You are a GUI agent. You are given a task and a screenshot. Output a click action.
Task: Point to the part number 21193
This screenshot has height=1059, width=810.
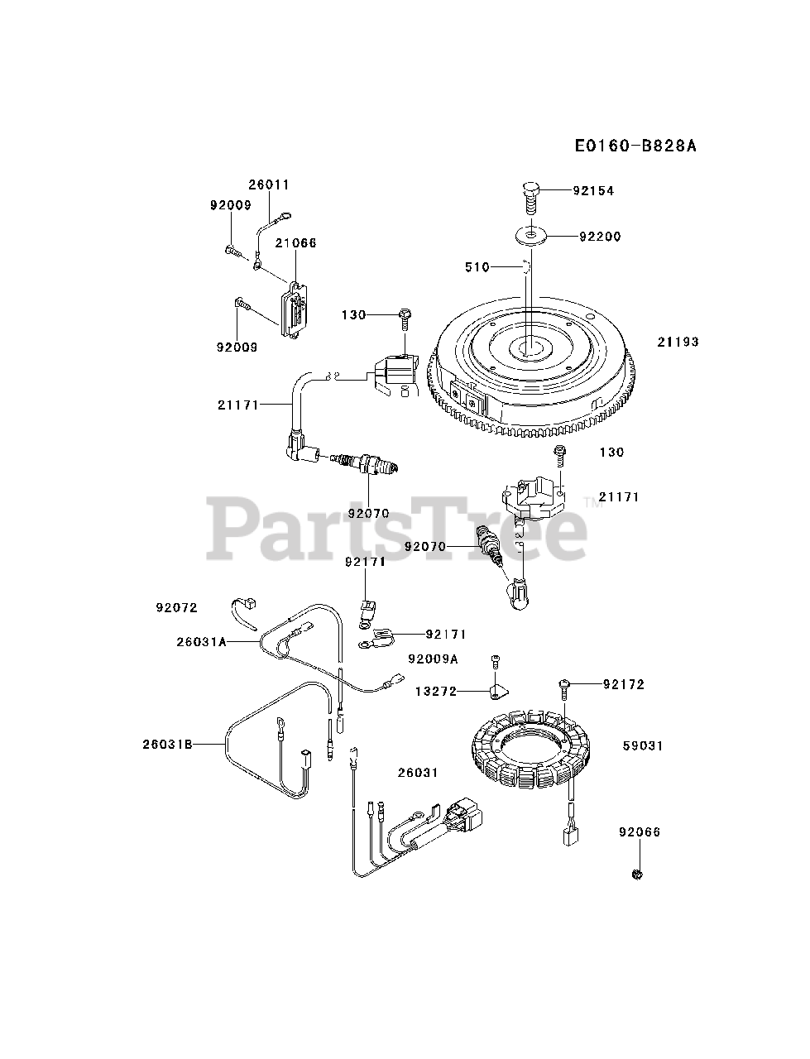(678, 342)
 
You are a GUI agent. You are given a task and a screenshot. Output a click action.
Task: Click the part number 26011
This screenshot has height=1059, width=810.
(269, 184)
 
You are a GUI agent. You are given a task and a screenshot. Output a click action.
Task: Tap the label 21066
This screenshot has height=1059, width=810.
(295, 243)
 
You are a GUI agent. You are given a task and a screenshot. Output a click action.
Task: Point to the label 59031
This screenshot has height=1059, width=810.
(643, 745)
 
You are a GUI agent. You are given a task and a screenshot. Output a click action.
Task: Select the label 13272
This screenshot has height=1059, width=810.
(436, 691)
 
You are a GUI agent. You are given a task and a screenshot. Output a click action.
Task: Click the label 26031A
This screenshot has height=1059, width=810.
(200, 640)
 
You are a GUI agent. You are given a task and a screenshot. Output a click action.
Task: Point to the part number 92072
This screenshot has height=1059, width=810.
(176, 607)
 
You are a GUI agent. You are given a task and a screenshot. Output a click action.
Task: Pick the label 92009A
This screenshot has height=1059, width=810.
(433, 659)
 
